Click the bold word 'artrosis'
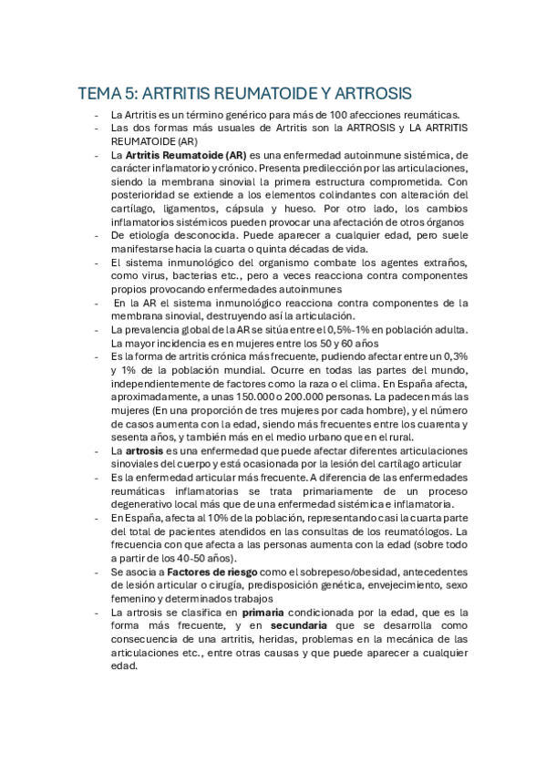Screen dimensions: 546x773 click(x=145, y=450)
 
